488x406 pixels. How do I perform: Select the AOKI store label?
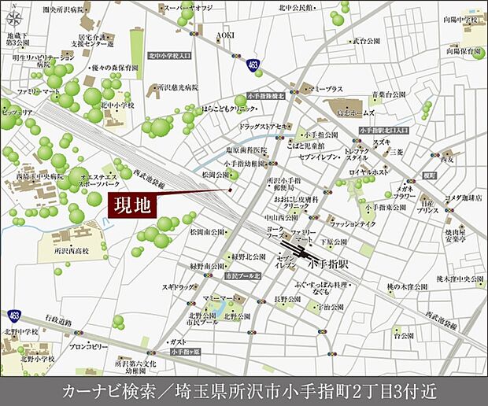pos(226,35)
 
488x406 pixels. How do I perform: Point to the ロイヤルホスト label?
pos(368,171)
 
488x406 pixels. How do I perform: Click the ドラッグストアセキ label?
pos(265,127)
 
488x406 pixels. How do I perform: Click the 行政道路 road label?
pos(57,319)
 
